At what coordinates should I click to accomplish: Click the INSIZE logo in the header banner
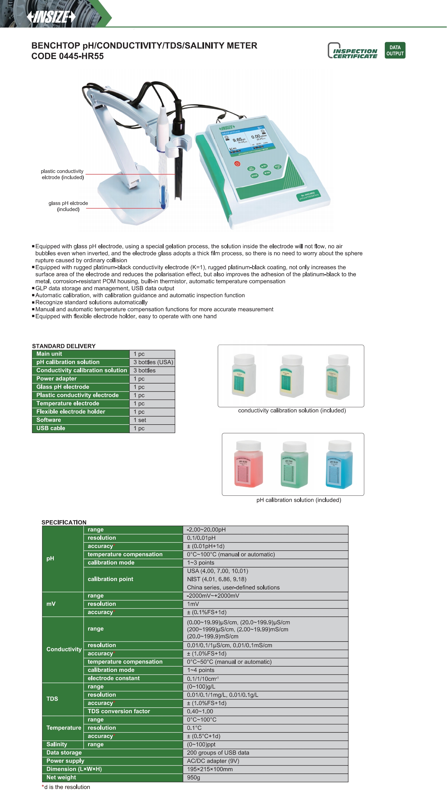pyautogui.click(x=51, y=17)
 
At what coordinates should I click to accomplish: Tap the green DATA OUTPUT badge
pyautogui.click(x=395, y=50)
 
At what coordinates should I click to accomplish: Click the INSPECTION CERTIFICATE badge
pyautogui.click(x=352, y=51)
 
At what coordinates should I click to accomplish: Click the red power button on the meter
pyautogui.click(x=237, y=164)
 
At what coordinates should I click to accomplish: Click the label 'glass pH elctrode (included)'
pyautogui.click(x=68, y=206)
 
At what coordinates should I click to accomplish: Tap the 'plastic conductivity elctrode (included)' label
pyautogui.click(x=62, y=174)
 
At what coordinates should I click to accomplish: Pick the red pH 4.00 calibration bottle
pyautogui.click(x=249, y=464)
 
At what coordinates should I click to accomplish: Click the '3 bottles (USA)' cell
pyautogui.click(x=153, y=362)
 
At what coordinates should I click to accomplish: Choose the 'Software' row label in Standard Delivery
pyautogui.click(x=49, y=420)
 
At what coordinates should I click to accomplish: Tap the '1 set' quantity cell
pyautogui.click(x=140, y=420)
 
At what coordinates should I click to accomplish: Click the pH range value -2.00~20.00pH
pyautogui.click(x=206, y=530)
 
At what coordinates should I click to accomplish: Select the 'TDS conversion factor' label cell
pyautogui.click(x=119, y=711)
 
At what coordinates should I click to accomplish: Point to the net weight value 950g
pyautogui.click(x=193, y=777)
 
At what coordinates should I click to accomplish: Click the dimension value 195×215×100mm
pyautogui.click(x=210, y=769)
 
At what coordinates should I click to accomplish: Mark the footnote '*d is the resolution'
pyautogui.click(x=66, y=787)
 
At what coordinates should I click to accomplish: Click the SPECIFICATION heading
pyautogui.click(x=64, y=522)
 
